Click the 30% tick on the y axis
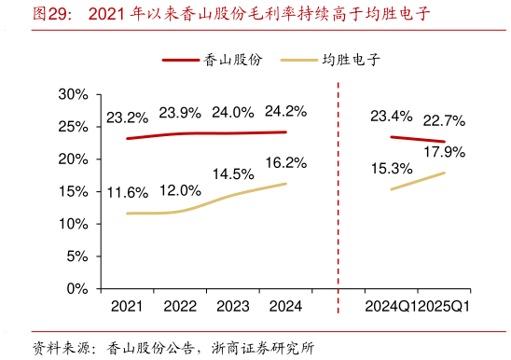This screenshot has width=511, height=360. pos(73,94)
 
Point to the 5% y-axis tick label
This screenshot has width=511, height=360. pos(76,256)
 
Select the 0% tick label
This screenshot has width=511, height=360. pos(76,289)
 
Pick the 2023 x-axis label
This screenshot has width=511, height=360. pos(233,306)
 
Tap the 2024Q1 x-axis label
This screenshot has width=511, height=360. pos(392,306)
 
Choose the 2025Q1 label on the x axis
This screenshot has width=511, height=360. pos(446,306)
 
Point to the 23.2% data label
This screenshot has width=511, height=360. pos(127,118)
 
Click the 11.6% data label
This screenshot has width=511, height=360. pos(127,193)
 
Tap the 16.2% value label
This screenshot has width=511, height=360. pos(285,163)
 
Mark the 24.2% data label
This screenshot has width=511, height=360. pos(285,112)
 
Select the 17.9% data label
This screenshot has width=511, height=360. pos(444,151)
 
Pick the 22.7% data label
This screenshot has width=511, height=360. pos(444,121)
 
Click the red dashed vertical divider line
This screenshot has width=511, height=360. pos(337,187)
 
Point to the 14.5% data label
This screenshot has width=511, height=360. pos(233,174)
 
